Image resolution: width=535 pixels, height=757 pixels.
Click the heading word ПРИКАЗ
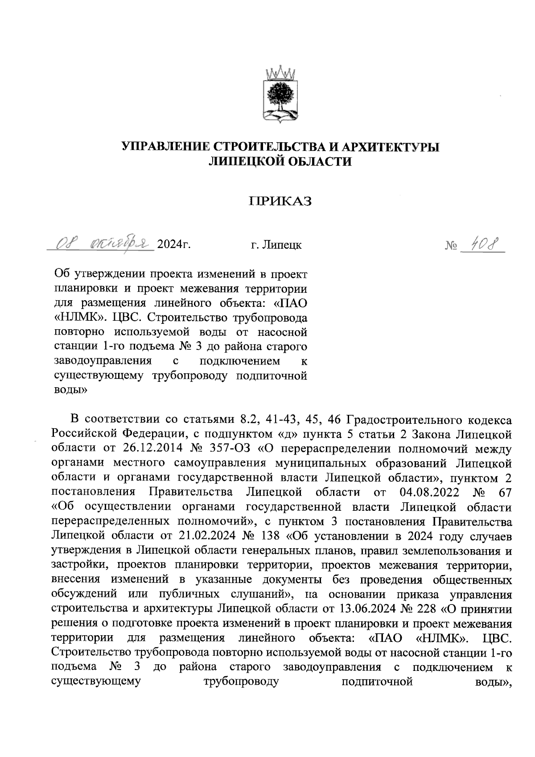tap(280, 202)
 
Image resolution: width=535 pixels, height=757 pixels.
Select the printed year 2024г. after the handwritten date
tap(172, 244)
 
